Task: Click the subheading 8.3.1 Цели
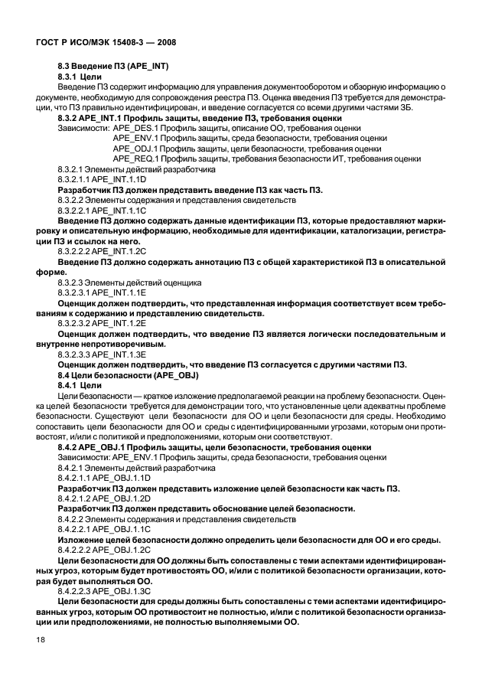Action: (x=80, y=78)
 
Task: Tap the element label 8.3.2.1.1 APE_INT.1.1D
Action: (x=102, y=178)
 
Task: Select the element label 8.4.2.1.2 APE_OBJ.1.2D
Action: (x=104, y=498)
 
